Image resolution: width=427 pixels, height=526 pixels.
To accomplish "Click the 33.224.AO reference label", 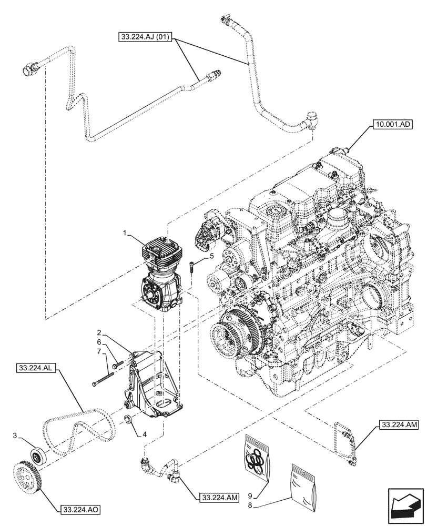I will point(80,510).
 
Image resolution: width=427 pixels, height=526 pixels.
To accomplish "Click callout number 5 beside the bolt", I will point(211,256).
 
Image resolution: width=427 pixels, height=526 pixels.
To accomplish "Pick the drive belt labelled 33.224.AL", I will point(79,429).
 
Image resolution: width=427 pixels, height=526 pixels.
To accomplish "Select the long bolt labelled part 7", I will point(104,380).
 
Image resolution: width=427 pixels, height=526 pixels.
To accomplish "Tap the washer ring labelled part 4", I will point(128,420).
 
